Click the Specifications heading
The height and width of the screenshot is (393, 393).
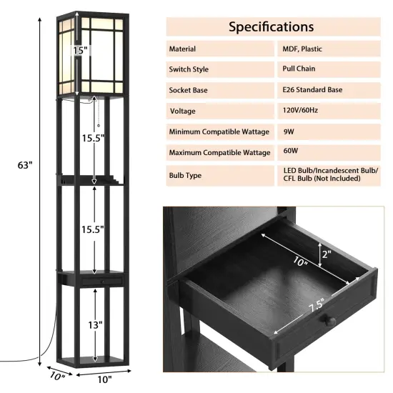pos(271,27)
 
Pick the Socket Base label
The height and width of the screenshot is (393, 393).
pos(191,91)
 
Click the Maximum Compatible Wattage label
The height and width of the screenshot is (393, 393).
pos(219,153)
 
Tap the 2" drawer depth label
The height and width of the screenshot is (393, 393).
pos(327,254)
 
